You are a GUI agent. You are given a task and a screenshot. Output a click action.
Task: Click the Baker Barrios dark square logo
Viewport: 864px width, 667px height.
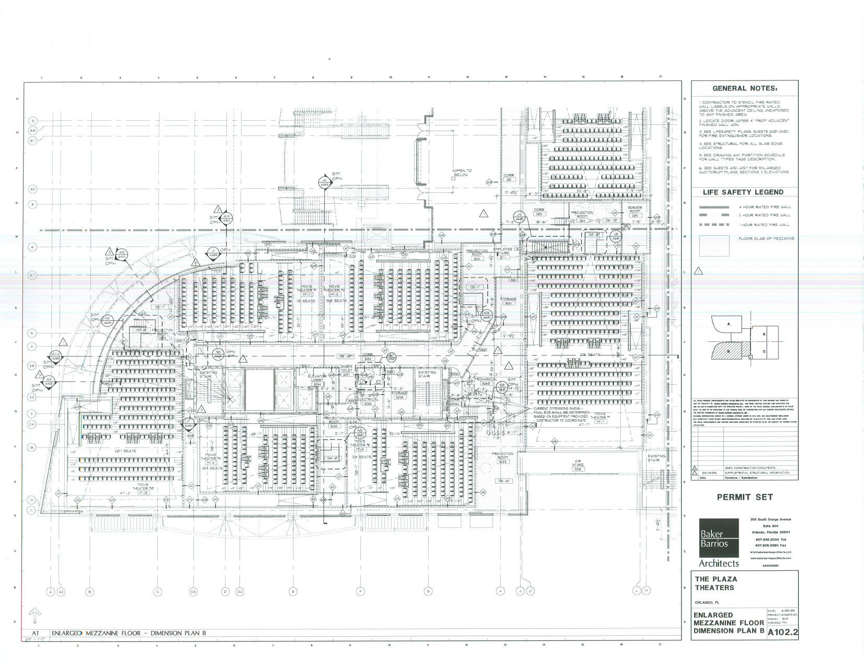[x=719, y=538]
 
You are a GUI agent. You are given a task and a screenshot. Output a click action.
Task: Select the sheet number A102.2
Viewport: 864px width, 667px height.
[x=782, y=632]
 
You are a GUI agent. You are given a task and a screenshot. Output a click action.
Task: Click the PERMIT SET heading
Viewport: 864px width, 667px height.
[x=744, y=497]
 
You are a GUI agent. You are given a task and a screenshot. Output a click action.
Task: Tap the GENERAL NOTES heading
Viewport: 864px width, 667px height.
[x=744, y=88]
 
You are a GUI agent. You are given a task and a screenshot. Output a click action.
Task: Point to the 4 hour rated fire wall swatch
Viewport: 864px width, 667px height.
[x=714, y=208]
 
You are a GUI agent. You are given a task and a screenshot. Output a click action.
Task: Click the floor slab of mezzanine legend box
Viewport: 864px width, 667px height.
[x=714, y=246]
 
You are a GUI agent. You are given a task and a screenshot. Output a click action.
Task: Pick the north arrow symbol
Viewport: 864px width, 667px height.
[x=34, y=615]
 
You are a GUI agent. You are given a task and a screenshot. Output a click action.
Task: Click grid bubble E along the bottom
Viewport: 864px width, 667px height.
[x=293, y=592]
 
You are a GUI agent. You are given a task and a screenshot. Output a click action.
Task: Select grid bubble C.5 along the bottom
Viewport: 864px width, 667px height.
[x=193, y=592]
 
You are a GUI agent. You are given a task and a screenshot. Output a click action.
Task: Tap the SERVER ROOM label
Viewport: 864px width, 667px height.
[x=635, y=210]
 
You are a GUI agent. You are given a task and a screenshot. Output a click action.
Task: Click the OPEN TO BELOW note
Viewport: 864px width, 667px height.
[x=462, y=172]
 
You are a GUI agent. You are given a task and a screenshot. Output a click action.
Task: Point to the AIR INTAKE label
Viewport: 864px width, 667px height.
[x=578, y=464]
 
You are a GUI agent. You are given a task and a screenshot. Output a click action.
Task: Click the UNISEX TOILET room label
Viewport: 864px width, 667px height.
[x=347, y=370]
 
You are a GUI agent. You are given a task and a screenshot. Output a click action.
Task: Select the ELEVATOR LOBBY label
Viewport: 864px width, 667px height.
[x=317, y=378]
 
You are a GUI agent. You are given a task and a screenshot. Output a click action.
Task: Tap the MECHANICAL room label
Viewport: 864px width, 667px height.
[x=486, y=381]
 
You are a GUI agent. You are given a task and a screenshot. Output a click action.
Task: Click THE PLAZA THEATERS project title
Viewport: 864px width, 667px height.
[x=716, y=583]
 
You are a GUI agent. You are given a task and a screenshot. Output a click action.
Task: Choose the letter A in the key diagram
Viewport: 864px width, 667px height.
[x=729, y=324]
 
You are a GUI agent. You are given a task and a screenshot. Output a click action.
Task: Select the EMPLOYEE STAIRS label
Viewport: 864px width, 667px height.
[x=503, y=252]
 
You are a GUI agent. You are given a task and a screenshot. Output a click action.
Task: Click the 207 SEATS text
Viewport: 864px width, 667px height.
[x=125, y=451]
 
